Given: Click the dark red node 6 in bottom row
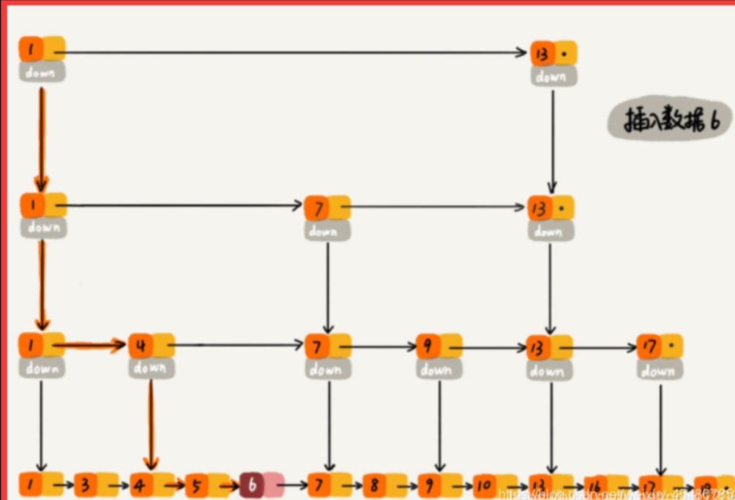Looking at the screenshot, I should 252,483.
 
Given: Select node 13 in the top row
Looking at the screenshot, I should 542,53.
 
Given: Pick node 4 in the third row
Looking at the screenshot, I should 141,345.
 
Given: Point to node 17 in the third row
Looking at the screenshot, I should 649,345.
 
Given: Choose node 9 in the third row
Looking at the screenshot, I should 428,345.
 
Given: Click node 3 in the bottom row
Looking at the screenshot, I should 86,484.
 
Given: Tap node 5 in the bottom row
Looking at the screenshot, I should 196,484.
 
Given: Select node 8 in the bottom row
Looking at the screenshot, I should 374,484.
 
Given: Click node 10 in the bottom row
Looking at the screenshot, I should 485,484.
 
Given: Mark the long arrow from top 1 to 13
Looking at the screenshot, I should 293,52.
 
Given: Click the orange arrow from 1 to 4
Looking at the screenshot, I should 88,344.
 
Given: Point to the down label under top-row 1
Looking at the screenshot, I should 42,72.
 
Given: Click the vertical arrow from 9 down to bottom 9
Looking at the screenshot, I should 439,424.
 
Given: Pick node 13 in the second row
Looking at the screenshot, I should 540,208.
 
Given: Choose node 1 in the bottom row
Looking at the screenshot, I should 31,484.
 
